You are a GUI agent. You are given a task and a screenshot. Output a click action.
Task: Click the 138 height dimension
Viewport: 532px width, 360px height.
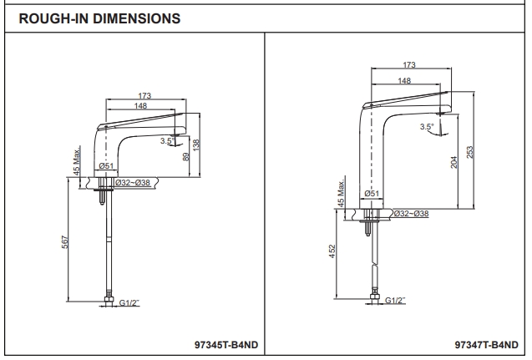pos(196,144)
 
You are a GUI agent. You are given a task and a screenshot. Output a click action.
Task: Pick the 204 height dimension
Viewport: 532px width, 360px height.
pos(454,162)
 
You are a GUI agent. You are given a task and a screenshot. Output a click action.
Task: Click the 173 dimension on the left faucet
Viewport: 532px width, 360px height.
pos(144,96)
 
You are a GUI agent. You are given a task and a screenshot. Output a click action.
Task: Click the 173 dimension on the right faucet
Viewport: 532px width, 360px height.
pos(409,64)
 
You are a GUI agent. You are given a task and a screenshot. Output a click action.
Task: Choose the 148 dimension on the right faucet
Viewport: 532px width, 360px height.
pos(404,80)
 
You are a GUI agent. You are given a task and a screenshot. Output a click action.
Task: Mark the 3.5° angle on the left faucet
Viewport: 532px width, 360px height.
pos(167,140)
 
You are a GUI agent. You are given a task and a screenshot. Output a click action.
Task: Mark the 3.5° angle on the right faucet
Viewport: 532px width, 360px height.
pos(428,126)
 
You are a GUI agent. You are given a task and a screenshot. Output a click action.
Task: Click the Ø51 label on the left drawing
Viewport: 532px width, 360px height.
pos(106,167)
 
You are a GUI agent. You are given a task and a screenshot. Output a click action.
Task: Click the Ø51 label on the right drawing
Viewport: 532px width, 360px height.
pos(373,194)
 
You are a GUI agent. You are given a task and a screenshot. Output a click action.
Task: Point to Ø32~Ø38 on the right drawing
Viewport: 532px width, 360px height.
pos(411,214)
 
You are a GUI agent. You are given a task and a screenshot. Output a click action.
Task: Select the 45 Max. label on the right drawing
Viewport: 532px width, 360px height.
pos(342,193)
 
